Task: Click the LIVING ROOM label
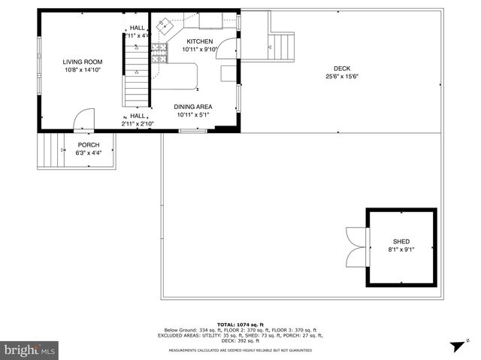82,62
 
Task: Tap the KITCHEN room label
200,41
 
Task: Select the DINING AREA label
194,107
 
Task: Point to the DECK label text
342,68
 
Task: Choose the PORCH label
88,145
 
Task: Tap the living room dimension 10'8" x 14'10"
82,69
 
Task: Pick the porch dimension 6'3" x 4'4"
88,153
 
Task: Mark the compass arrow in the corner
456,346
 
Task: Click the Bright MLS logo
30,349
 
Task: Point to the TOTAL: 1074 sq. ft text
240,324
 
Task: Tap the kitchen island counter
180,76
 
